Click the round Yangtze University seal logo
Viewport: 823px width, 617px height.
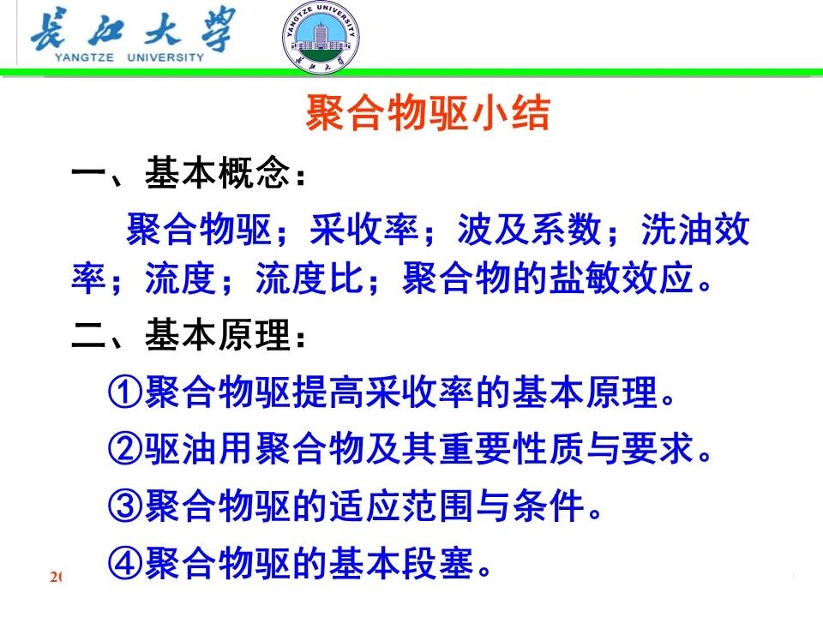321,39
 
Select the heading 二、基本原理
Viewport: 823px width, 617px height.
188,336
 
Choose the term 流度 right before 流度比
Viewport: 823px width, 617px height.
182,280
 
